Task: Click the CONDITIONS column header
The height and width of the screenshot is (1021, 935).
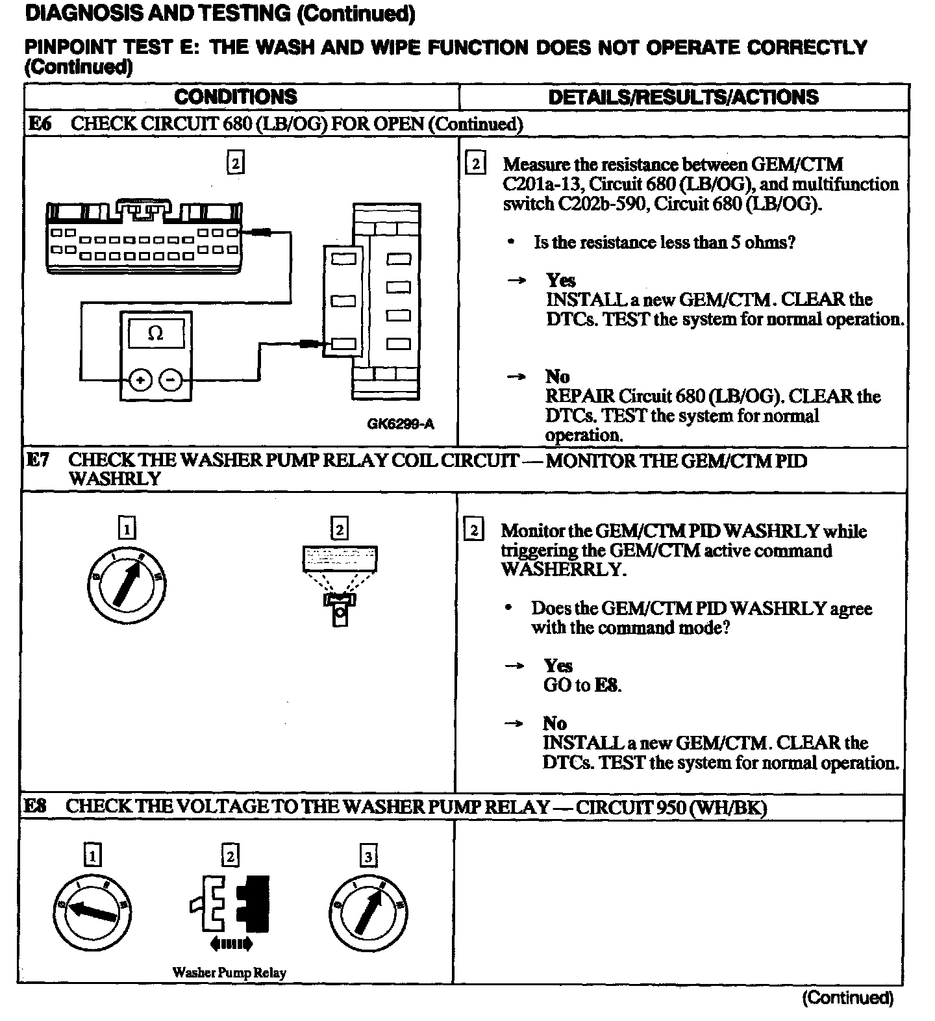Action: [235, 97]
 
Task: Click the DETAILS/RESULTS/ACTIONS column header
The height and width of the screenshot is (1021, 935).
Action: [683, 97]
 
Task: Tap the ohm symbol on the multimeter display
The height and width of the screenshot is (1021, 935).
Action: [156, 333]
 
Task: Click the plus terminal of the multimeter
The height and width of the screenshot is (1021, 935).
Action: [141, 379]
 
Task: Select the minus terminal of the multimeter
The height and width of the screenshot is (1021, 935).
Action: [171, 379]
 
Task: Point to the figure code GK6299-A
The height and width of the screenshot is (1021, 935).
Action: [400, 424]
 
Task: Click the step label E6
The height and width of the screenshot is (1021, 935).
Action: [40, 123]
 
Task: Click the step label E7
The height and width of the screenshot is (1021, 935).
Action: [38, 460]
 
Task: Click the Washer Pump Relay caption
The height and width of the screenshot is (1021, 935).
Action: [229, 972]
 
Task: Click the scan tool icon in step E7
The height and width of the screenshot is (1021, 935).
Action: [340, 583]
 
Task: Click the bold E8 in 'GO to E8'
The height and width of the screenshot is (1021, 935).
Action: [607, 685]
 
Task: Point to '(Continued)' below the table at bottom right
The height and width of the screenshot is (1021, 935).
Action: [847, 998]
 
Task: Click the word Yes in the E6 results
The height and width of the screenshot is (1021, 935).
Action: [560, 280]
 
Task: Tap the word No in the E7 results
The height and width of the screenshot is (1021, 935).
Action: [555, 724]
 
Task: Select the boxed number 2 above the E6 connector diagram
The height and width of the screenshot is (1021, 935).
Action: [235, 162]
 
